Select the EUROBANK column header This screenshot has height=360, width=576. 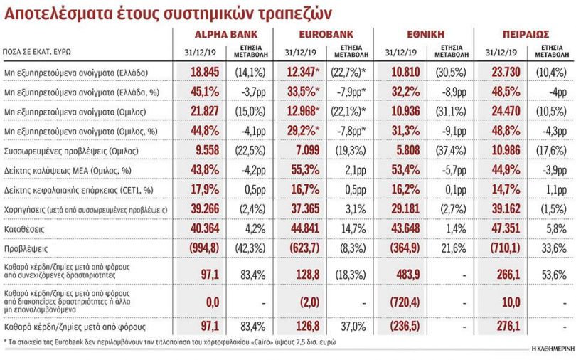pyautogui.click(x=323, y=34)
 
